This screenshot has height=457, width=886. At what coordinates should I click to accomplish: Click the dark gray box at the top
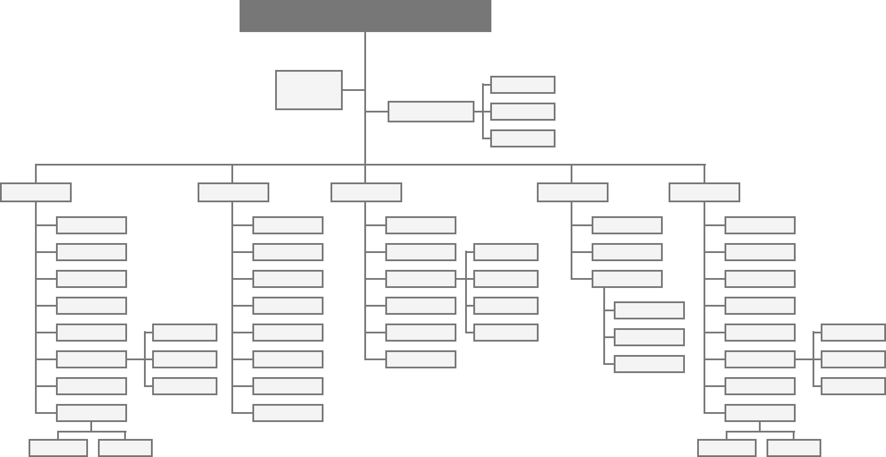click(x=365, y=16)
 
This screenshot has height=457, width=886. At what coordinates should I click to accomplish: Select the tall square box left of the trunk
click(x=308, y=90)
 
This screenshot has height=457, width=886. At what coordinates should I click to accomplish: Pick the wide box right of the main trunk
click(x=431, y=111)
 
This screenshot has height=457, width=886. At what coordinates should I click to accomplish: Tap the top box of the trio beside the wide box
click(x=522, y=85)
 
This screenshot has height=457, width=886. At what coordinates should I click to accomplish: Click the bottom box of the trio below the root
click(x=522, y=138)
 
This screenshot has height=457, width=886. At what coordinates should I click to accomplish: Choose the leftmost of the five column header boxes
click(x=36, y=192)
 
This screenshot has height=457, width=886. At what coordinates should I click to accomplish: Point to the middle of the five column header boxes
click(x=366, y=192)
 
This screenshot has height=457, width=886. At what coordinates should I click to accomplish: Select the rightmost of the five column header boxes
click(x=704, y=192)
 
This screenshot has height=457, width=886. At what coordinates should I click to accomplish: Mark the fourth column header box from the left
click(x=572, y=192)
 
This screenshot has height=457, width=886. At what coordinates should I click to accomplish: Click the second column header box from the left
click(x=233, y=192)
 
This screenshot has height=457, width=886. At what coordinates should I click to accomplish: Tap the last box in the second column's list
click(x=287, y=413)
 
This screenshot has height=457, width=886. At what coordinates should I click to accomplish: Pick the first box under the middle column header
click(x=420, y=225)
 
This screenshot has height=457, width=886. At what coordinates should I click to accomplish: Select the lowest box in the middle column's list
click(x=420, y=359)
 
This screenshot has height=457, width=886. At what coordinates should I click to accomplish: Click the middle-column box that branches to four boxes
click(x=420, y=279)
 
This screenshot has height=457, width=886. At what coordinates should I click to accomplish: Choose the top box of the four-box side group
click(x=505, y=252)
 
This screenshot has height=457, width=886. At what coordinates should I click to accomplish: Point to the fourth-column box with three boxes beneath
click(x=627, y=279)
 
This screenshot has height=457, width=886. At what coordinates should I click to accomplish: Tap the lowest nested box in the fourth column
click(x=649, y=364)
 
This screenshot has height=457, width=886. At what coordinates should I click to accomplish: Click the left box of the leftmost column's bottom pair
click(x=58, y=448)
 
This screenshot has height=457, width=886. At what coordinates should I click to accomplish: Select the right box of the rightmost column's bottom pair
click(x=793, y=448)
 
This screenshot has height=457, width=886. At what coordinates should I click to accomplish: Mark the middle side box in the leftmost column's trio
click(x=184, y=359)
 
